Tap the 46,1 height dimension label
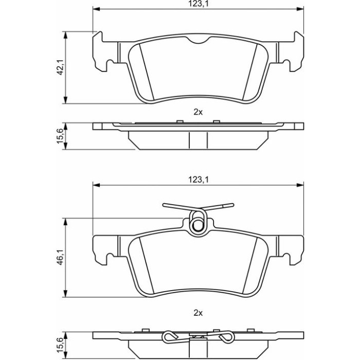click(60, 257)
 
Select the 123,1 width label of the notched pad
click(198, 4)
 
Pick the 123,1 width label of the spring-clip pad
click(198, 180)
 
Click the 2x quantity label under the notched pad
click(198, 112)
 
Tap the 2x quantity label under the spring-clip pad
click(198, 313)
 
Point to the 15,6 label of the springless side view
click(60, 136)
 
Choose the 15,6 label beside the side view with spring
click(60, 345)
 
